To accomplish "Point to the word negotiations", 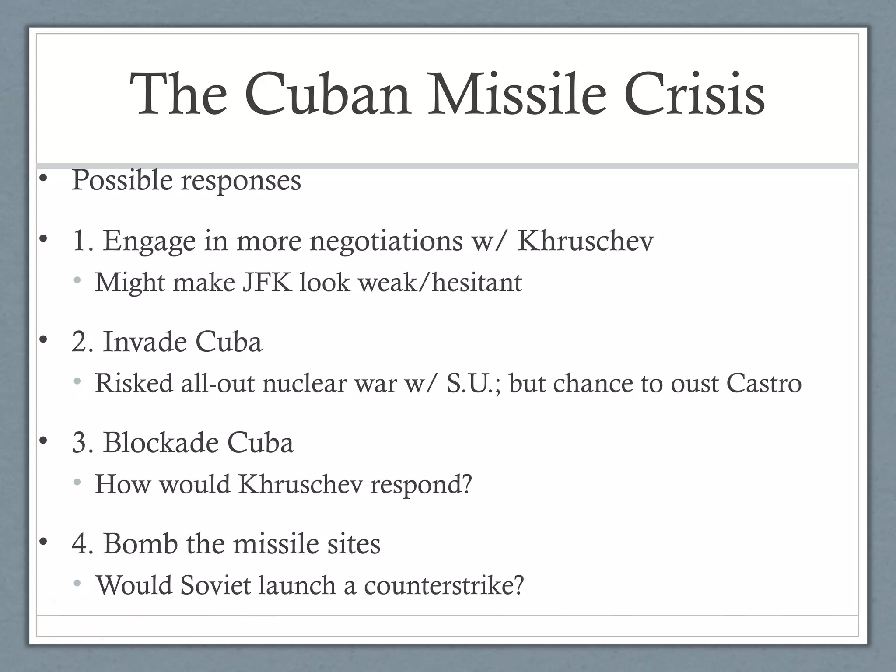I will [386, 241].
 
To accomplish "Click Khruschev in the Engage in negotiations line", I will [585, 241].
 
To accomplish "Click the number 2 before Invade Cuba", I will [80, 342].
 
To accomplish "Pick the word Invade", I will [144, 342].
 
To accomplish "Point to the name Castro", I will [763, 383].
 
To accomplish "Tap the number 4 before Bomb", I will [80, 544].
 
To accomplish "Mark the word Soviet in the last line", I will [215, 585].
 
